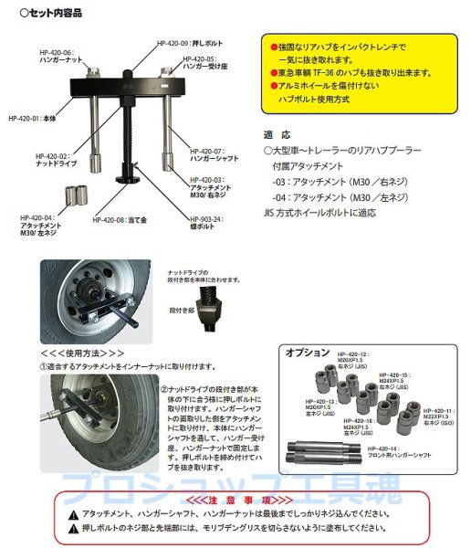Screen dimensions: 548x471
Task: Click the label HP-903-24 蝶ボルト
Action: point(209,223)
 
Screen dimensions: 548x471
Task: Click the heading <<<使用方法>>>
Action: point(83,351)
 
